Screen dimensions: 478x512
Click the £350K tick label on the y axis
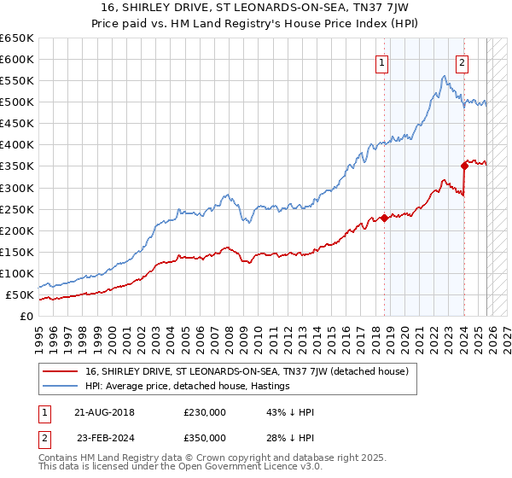pyautogui.click(x=17, y=166)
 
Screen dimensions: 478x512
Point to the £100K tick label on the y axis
pyautogui.click(x=17, y=273)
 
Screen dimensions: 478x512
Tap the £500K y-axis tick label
pyautogui.click(x=17, y=102)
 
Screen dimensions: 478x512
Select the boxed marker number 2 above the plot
pyautogui.click(x=462, y=61)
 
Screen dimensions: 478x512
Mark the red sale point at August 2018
pyautogui.click(x=384, y=218)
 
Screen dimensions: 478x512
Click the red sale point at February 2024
pyautogui.click(x=464, y=166)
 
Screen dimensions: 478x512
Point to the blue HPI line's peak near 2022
pyautogui.click(x=444, y=77)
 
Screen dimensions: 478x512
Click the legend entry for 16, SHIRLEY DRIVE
pyautogui.click(x=247, y=371)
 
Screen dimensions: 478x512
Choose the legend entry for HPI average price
pyautogui.click(x=188, y=386)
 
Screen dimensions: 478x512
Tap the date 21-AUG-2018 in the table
pyautogui.click(x=104, y=412)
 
